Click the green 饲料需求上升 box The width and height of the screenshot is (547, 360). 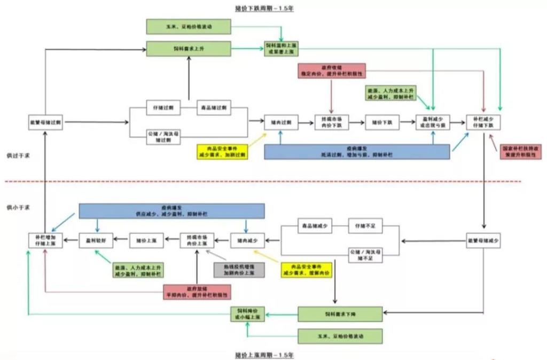click(188, 48)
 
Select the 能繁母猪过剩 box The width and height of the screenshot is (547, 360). click(45, 122)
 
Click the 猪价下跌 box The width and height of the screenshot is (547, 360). click(382, 122)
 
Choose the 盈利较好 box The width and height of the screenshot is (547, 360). click(96, 240)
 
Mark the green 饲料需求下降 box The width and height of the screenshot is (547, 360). click(340, 314)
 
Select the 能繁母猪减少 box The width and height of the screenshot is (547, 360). click(483, 240)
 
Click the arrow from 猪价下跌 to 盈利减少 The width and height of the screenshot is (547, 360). click(408, 123)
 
